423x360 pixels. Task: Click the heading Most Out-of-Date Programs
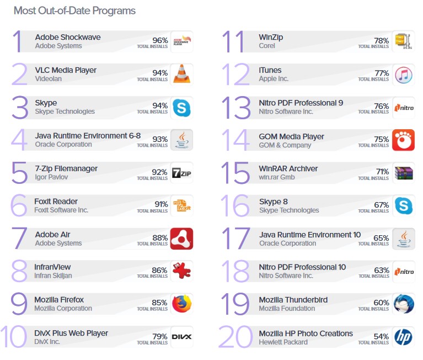[74, 10]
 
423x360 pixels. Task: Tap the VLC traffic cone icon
[181, 74]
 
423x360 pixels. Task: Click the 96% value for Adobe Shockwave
[160, 40]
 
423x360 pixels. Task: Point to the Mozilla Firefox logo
[181, 304]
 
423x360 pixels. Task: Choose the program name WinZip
[271, 37]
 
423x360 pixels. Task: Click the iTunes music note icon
[403, 74]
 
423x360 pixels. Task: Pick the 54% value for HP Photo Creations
[382, 337]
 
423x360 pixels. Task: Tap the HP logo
[403, 337]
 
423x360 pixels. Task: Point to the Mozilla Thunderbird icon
[403, 304]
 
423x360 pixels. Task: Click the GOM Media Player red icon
[403, 140]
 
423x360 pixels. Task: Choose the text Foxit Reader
[56, 202]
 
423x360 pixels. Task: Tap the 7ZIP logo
[181, 173]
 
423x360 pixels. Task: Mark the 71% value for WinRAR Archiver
[382, 172]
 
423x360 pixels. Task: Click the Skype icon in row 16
[403, 206]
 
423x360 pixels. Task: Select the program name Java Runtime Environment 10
[310, 235]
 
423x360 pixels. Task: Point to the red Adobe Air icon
[181, 239]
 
